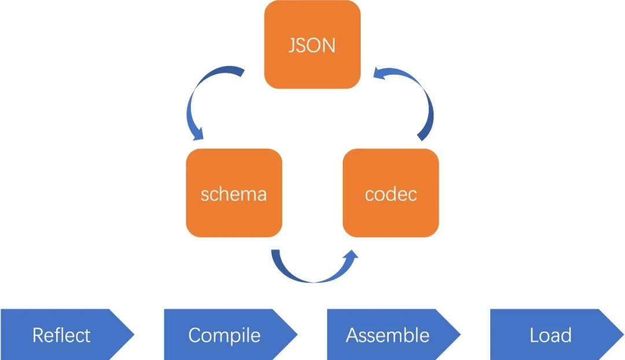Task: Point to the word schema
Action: (x=234, y=193)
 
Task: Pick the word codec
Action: (x=391, y=193)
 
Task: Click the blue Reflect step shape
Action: (x=64, y=335)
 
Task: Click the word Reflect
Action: (x=61, y=335)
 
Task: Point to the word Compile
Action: (x=225, y=335)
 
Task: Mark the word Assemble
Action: (x=388, y=335)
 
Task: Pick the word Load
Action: (x=550, y=335)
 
